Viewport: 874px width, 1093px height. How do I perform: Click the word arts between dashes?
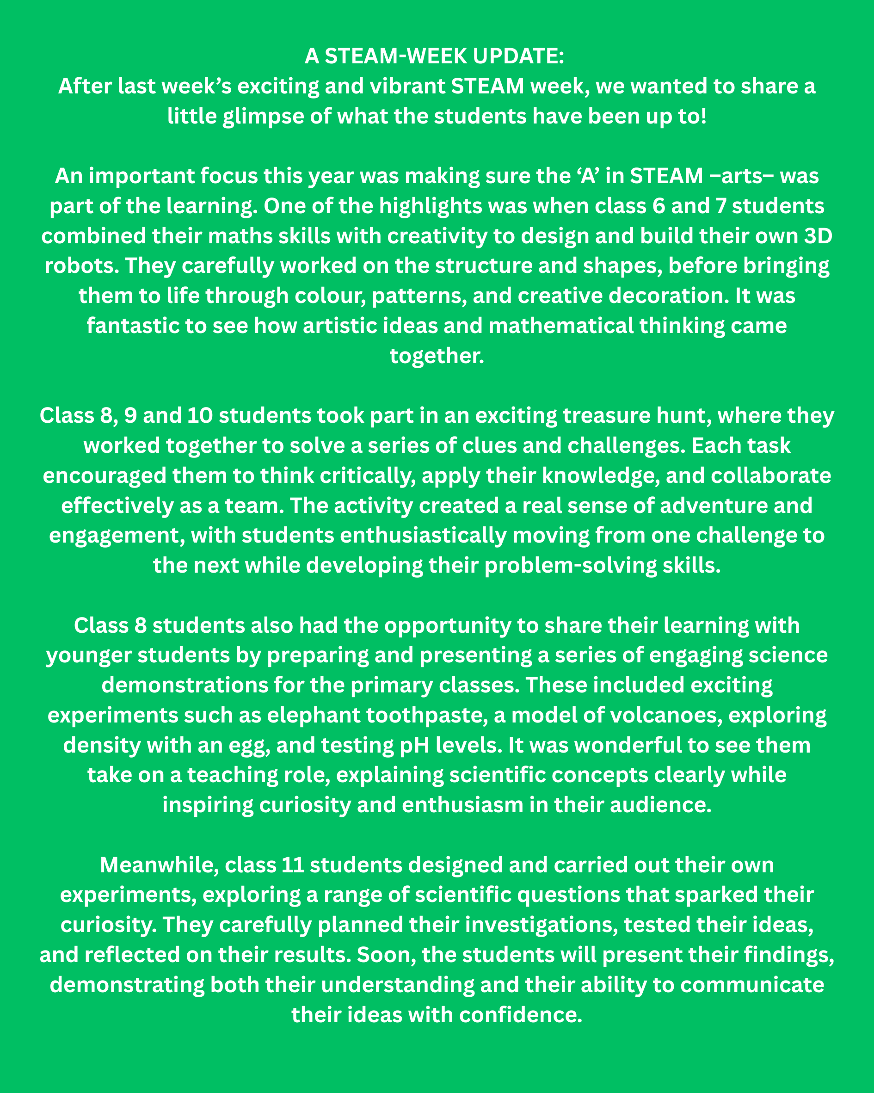click(x=742, y=176)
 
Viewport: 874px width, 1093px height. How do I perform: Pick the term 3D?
click(x=818, y=236)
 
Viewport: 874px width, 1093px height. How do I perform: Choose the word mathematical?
click(x=560, y=326)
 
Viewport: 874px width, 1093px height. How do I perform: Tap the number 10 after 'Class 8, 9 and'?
click(x=200, y=416)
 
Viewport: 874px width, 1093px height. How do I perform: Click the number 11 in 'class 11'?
click(x=293, y=865)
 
